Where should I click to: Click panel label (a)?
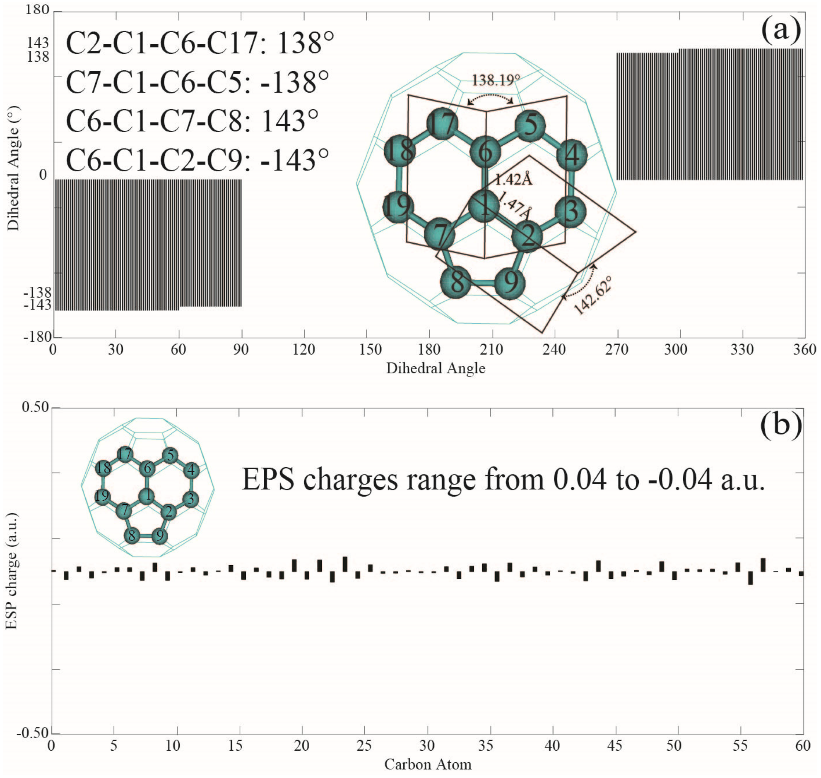[x=780, y=30]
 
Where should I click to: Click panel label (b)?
[x=781, y=425]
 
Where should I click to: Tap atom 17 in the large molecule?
[x=442, y=123]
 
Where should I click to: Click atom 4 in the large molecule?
[x=572, y=155]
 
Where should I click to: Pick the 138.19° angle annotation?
[x=496, y=79]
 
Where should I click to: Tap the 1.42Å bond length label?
[x=514, y=179]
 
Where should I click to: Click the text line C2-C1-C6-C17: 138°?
[x=200, y=43]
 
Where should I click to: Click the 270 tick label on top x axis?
[x=617, y=350]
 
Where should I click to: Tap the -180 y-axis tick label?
[x=38, y=336]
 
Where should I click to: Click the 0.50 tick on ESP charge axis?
[x=35, y=407]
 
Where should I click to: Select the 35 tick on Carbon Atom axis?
[x=485, y=745]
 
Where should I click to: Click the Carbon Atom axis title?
[x=427, y=764]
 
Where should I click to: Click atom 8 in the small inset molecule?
[x=132, y=535]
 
